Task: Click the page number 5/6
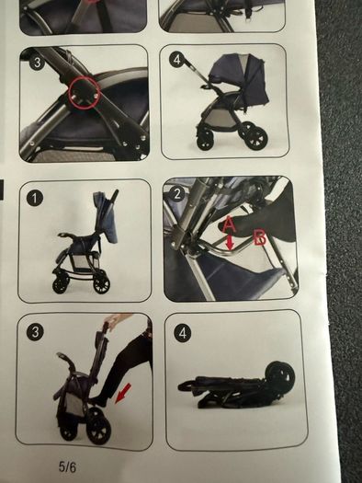[x=67, y=467]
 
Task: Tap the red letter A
[x=229, y=224]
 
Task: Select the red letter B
[x=260, y=238]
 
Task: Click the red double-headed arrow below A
[x=230, y=242]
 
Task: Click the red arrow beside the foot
[x=123, y=393]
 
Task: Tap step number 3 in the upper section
[x=37, y=63]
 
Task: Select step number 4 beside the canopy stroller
[x=175, y=59]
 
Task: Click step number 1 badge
[x=34, y=198]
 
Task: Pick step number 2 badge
[x=177, y=194]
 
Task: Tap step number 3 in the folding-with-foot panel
[x=35, y=332]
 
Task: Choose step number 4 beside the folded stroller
[x=183, y=333]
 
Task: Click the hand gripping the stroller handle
[x=113, y=321]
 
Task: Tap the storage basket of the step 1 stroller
[x=84, y=260]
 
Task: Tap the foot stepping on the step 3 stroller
[x=101, y=399]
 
